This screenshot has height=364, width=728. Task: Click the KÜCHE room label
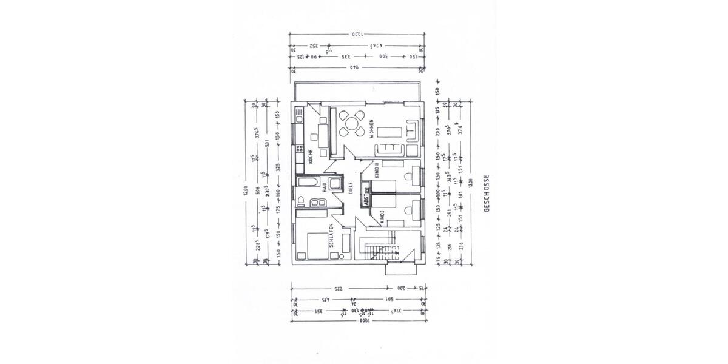[310, 157]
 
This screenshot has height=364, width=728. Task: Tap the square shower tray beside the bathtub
[335, 182]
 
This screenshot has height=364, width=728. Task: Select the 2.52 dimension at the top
[314, 45]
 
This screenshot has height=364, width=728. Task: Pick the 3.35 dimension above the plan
[347, 56]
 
